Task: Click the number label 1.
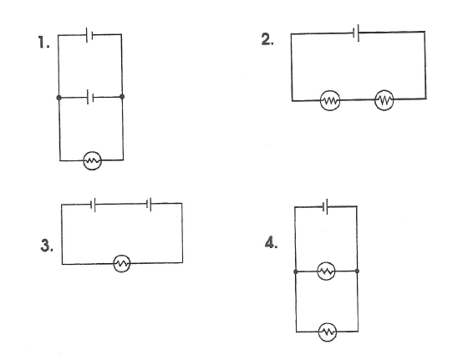point(43,42)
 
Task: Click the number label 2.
point(267,39)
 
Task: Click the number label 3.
point(47,246)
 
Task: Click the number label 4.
point(271,242)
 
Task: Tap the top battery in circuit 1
point(89,35)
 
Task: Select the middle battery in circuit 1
point(90,97)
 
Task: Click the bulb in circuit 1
point(93,160)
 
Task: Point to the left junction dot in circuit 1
point(58,98)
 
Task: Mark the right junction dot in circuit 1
point(122,96)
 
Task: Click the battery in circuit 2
point(356,33)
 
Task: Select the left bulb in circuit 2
point(330,100)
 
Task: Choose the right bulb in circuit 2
point(384,100)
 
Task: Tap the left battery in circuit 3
point(93,205)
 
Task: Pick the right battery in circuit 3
point(149,204)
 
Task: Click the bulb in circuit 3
point(122,263)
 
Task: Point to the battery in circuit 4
point(325,206)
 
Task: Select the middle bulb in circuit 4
point(326,271)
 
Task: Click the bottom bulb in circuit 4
point(328,332)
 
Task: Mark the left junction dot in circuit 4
point(296,271)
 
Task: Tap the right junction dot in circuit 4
point(358,271)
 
